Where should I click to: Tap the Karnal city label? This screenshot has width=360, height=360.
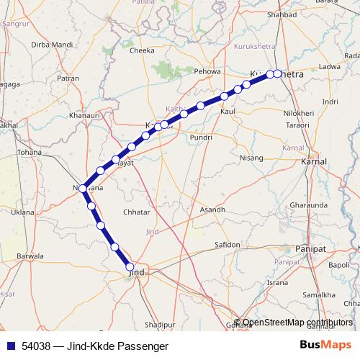coord(314,163)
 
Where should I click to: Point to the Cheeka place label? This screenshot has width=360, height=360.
coord(141,51)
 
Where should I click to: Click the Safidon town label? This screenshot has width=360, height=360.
coord(228,245)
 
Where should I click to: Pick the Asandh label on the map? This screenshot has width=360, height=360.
coord(212,210)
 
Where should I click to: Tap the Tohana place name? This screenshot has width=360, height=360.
coord(30,153)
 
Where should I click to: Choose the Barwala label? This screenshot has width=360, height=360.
coord(30,256)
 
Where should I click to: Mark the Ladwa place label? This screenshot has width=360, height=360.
coord(329,66)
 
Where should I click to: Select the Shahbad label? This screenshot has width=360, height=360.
coord(282,14)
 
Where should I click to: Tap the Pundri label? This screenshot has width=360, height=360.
coord(200,137)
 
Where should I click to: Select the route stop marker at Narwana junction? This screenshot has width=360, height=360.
coord(84,189)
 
